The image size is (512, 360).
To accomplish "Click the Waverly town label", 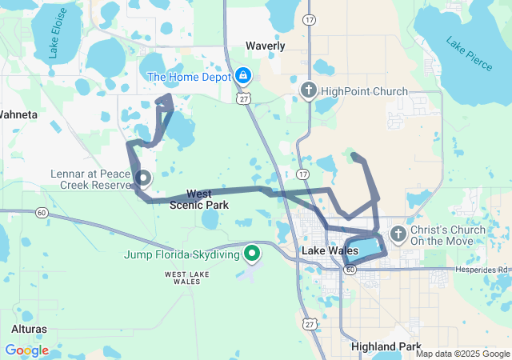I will click(x=266, y=46).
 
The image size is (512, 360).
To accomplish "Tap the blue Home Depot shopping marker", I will click(x=243, y=77).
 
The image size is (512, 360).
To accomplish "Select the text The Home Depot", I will click(x=188, y=77).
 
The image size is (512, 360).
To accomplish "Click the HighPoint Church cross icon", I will click(x=309, y=91).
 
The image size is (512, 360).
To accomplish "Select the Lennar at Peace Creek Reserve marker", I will click(x=143, y=178).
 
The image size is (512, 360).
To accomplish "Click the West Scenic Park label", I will click(x=199, y=199).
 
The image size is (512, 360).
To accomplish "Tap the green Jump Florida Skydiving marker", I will click(x=252, y=255).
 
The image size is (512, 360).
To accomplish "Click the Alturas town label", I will click(x=29, y=329).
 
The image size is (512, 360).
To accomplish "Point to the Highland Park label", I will click(x=386, y=346).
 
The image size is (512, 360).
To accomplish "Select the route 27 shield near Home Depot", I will click(x=243, y=97).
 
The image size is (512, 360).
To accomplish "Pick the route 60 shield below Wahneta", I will click(x=41, y=213).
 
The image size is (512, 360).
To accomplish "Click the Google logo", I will click(x=27, y=350).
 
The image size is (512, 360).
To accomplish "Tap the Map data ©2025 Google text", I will click(x=462, y=354).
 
